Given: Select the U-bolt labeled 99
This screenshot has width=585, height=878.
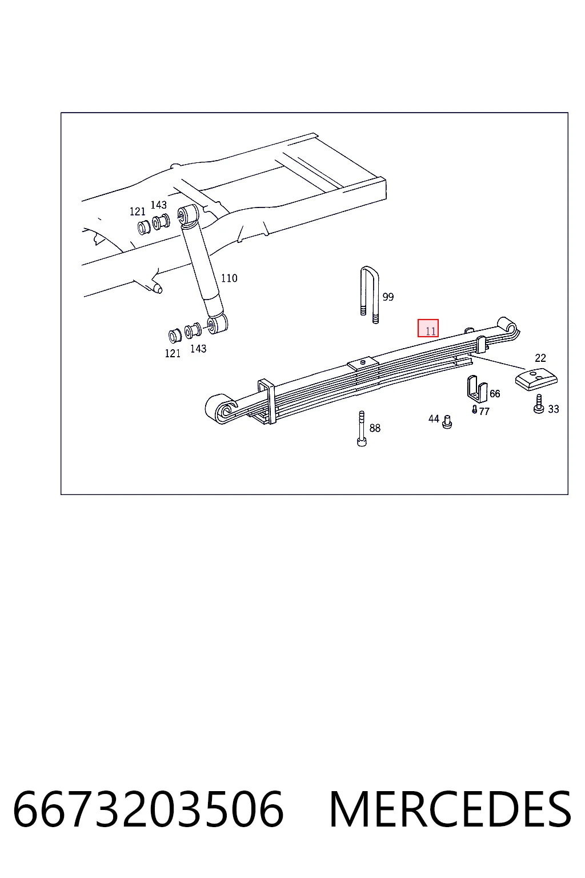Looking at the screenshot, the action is (370, 295).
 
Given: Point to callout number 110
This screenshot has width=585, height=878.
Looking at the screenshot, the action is (229, 278).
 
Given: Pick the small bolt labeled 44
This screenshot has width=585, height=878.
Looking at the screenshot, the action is (447, 422).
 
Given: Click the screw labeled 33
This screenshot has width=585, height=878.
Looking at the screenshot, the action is (539, 404).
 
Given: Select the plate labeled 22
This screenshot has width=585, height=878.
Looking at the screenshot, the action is (536, 380).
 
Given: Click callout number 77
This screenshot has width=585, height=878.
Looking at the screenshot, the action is (484, 411).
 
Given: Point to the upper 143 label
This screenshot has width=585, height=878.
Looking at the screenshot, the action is (159, 205).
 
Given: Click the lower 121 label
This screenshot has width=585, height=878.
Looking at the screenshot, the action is (173, 354).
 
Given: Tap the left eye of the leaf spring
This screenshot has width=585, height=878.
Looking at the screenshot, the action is (221, 409).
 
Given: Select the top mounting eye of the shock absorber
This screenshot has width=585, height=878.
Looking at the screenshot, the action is (188, 214).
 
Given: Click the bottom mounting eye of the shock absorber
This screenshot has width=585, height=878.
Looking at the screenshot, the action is (218, 324).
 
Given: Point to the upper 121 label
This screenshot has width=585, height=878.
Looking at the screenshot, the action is (138, 211).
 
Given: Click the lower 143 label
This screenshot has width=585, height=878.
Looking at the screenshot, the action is (198, 349).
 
